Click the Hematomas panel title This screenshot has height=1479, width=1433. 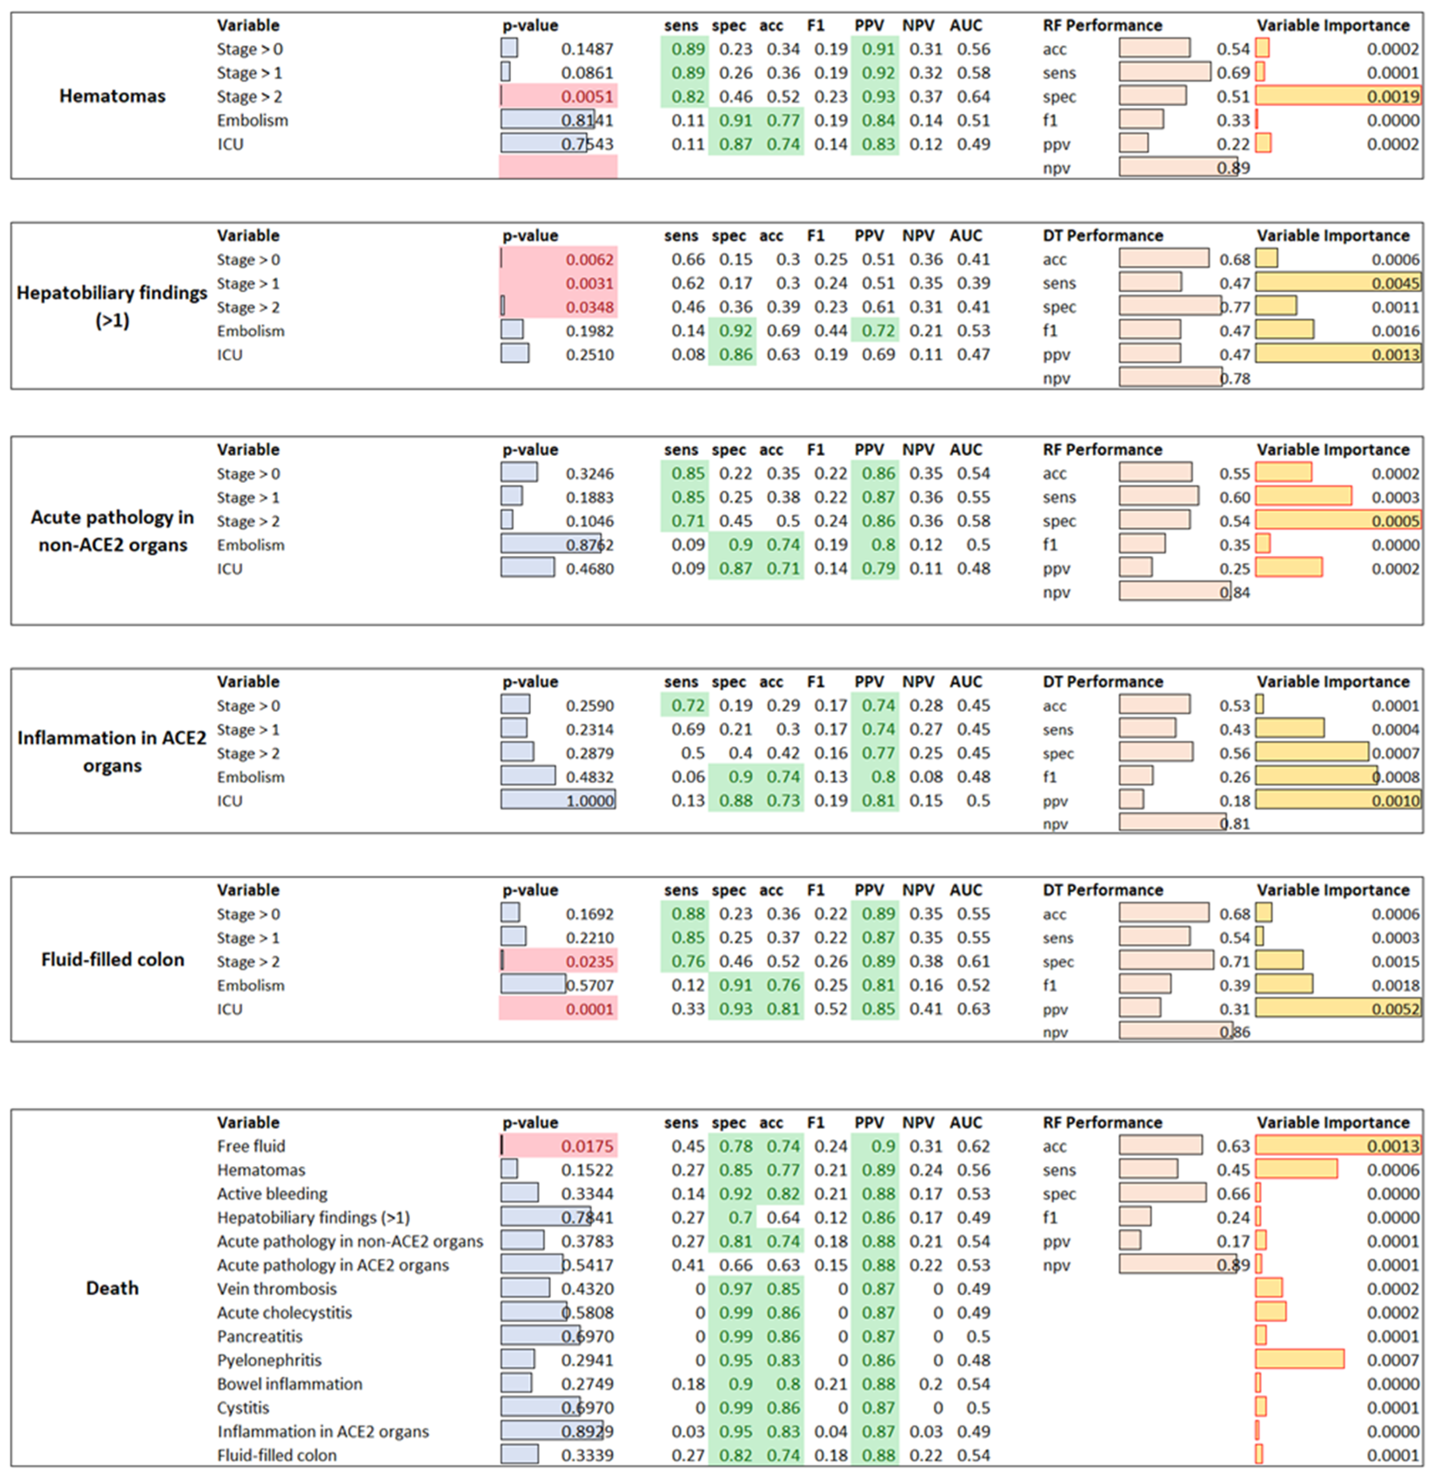point(113,96)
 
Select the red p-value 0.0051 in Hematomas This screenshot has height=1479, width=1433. point(588,97)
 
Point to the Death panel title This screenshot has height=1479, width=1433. point(113,1288)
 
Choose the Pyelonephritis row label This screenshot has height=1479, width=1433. point(269,1360)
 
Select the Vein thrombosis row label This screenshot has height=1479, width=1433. point(277,1289)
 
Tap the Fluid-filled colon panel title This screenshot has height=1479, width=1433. point(113,960)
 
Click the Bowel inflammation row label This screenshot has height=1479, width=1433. point(290,1384)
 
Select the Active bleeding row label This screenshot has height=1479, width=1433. point(272,1194)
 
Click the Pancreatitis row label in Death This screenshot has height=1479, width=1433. point(260,1336)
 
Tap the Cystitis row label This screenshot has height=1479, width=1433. point(243,1407)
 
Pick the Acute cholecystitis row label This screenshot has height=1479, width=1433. point(284,1312)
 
